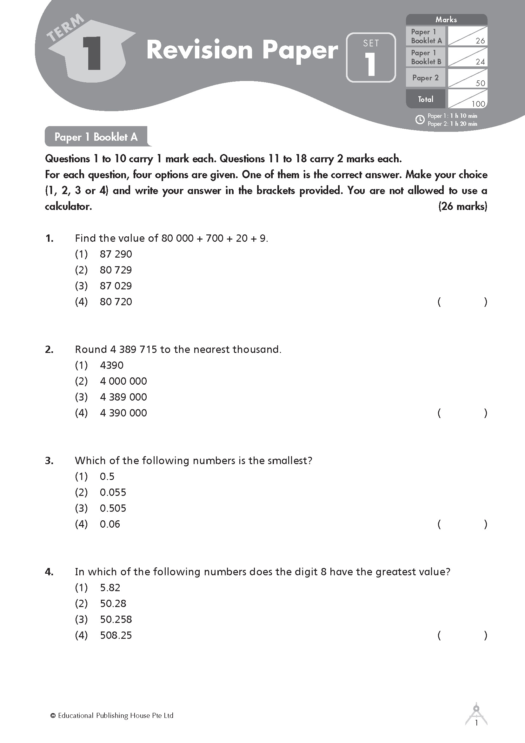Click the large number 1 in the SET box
(370, 64)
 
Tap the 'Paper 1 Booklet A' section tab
(96, 137)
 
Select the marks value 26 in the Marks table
(480, 41)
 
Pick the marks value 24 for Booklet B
(480, 62)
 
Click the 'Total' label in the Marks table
(425, 99)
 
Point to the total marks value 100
(478, 104)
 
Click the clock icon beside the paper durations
(420, 120)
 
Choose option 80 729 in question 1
(116, 270)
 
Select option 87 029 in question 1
(116, 286)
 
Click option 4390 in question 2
(111, 365)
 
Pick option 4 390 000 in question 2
(123, 413)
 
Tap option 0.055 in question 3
(113, 492)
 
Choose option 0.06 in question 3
(110, 524)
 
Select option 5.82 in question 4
(110, 587)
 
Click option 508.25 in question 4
(116, 635)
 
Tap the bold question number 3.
(49, 461)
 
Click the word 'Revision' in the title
(199, 50)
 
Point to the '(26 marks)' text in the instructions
(462, 206)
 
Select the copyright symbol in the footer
(53, 715)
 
